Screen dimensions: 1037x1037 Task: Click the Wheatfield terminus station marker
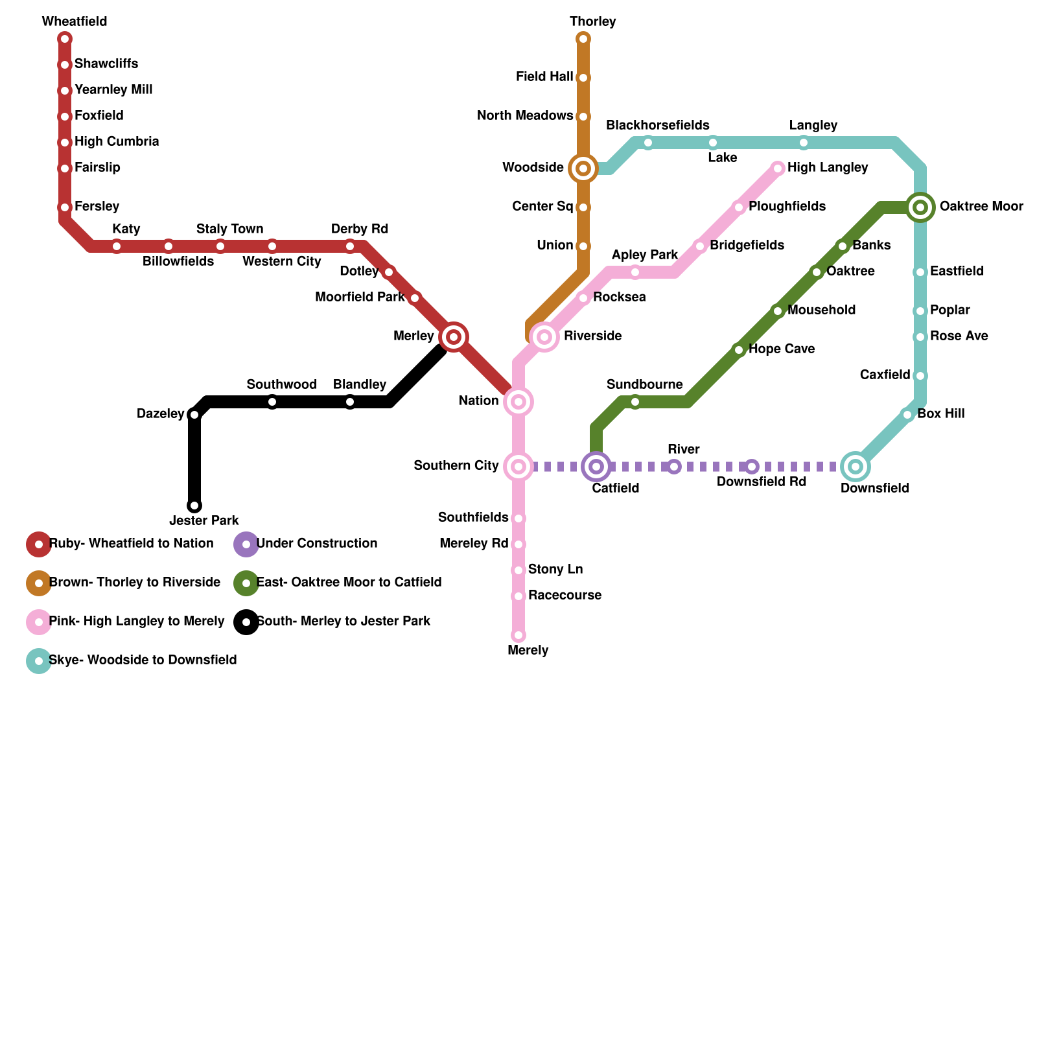65,39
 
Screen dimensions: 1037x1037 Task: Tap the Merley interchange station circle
454,336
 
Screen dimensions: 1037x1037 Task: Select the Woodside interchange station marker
583,169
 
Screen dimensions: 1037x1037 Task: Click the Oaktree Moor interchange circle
920,207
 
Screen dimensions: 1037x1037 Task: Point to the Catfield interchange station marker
596,467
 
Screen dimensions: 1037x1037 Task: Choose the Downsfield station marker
856,467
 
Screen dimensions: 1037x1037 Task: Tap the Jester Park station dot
194,506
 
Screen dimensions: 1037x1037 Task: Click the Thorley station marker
583,39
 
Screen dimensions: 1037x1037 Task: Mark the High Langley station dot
778,169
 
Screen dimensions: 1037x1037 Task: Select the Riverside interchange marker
544,337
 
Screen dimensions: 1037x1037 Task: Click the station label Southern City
456,465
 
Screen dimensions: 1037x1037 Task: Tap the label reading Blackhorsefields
657,125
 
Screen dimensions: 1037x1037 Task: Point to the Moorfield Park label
360,297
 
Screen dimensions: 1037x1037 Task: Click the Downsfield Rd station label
762,482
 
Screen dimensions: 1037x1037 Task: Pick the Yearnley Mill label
113,89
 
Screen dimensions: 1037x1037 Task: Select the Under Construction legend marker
246,544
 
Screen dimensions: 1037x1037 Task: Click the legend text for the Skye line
143,660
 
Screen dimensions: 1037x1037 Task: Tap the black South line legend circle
246,622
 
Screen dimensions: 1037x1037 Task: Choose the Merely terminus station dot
518,635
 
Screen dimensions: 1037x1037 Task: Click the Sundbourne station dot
635,402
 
